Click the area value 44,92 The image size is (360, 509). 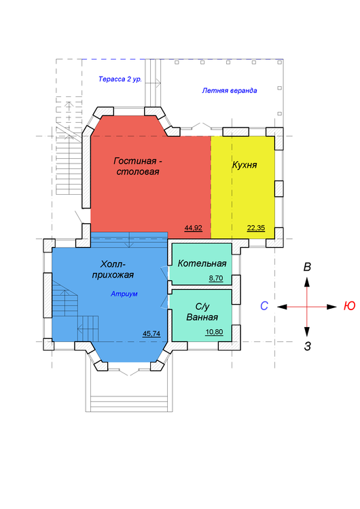(194, 228)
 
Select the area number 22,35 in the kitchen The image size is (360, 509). (256, 228)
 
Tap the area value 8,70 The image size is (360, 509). (216, 278)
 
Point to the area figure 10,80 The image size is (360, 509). (215, 332)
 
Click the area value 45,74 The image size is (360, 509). (151, 333)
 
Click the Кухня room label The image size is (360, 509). (245, 165)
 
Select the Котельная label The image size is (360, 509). (202, 263)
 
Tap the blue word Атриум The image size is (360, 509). (124, 294)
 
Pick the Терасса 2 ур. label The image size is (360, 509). (120, 79)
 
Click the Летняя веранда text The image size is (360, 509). (230, 90)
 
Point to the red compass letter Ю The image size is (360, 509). (350, 306)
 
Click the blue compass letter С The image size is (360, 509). (264, 306)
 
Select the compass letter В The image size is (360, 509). (307, 267)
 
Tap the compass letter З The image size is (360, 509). (308, 346)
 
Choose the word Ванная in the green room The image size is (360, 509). (202, 317)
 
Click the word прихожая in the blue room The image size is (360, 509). (113, 276)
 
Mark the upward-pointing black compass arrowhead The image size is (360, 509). (307, 282)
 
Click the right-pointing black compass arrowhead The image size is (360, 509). (331, 307)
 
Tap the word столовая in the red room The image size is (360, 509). (138, 172)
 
